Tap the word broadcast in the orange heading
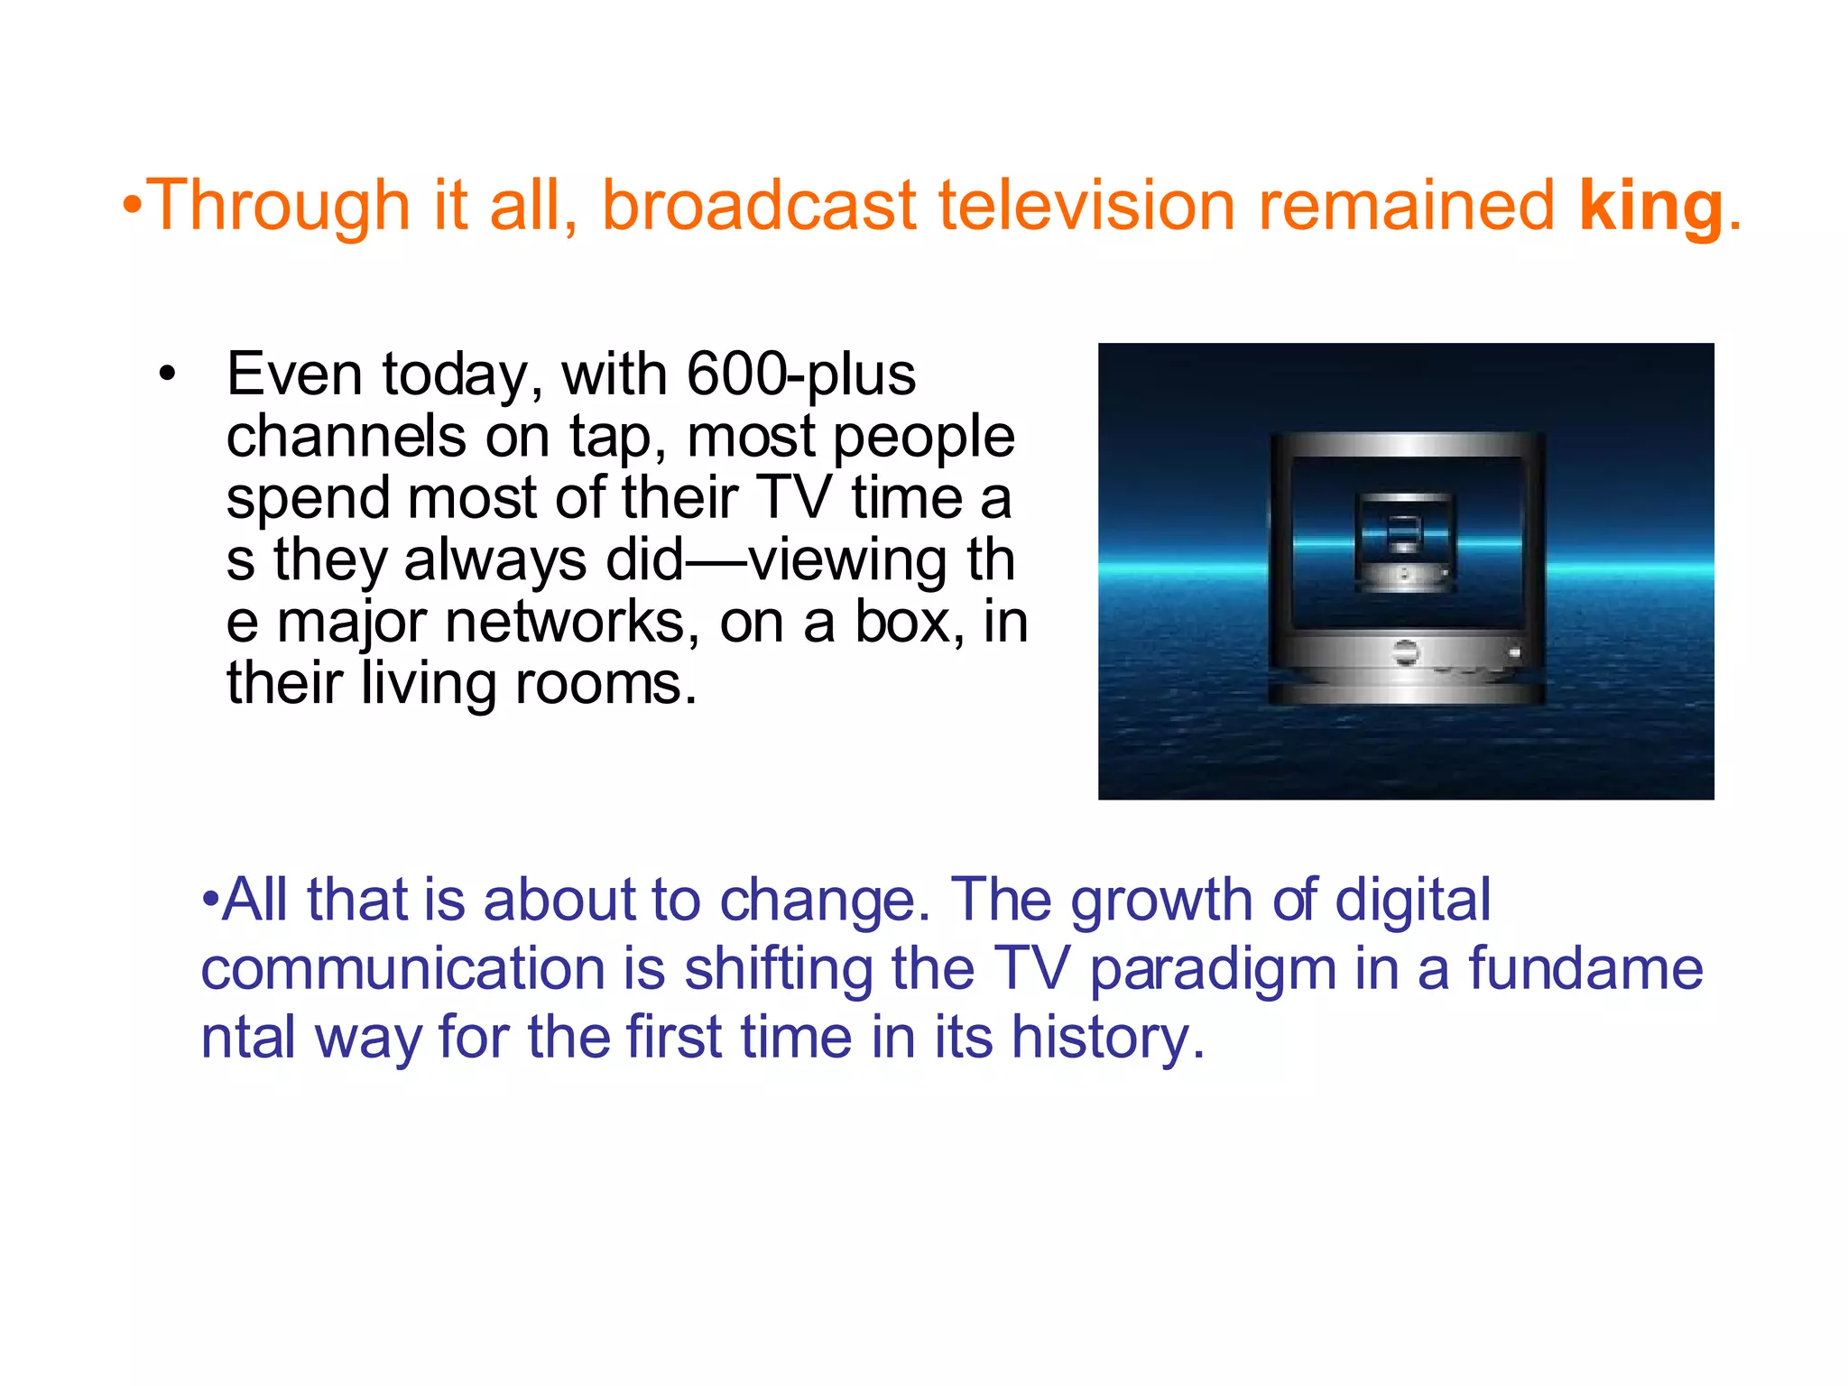coord(759,206)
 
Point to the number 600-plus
coord(800,374)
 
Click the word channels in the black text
coord(346,436)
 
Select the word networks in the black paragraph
coord(571,622)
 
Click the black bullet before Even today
coord(166,374)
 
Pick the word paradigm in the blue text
coord(1212,969)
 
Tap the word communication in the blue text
coord(402,969)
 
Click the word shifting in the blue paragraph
coord(778,969)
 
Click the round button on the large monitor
coord(1405,651)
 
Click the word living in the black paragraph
coord(429,684)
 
